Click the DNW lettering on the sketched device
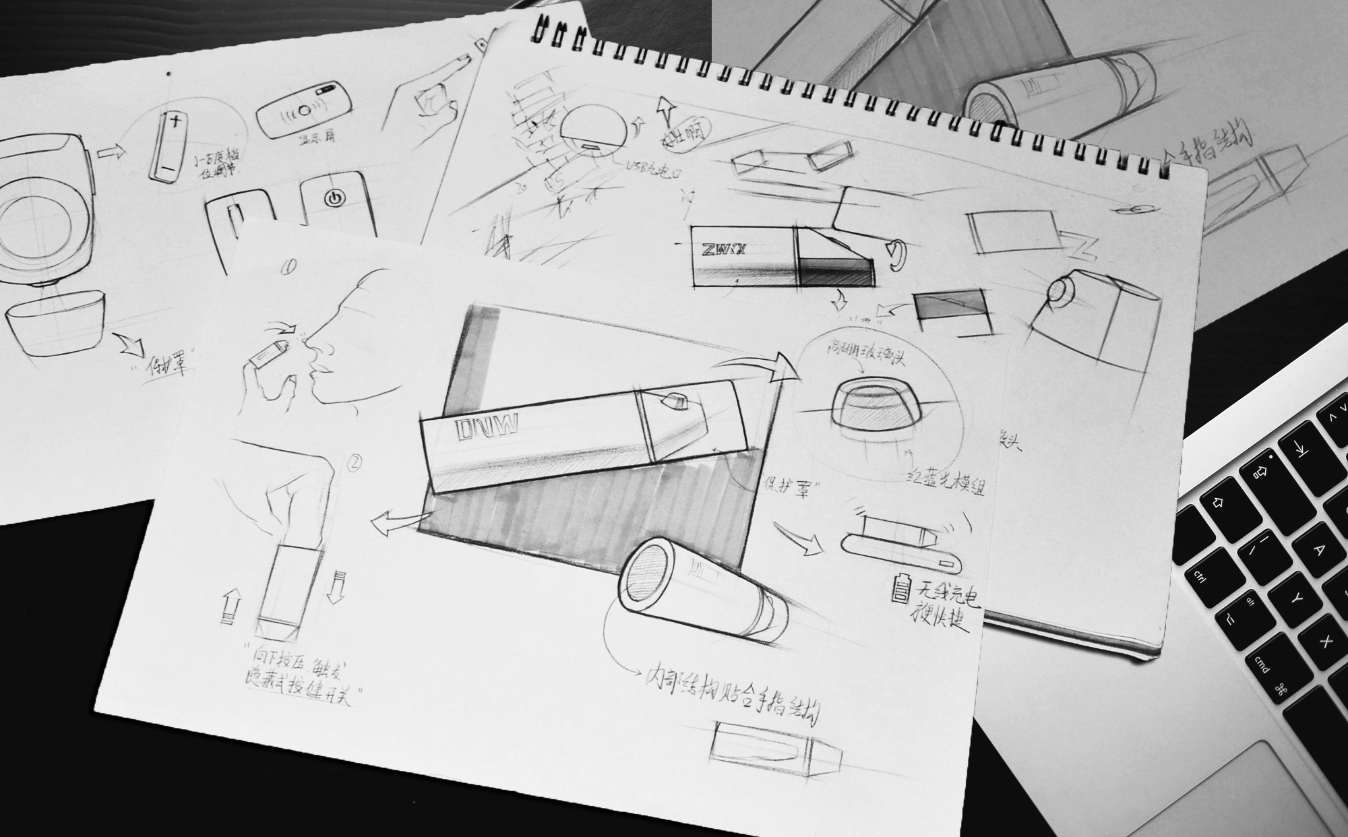(486, 431)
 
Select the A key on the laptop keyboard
(1318, 549)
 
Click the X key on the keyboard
(1325, 641)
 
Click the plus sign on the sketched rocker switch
(177, 122)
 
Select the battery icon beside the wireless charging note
(900, 588)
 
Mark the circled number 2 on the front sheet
(355, 463)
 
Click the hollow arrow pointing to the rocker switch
(112, 152)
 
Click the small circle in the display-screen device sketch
(305, 108)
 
